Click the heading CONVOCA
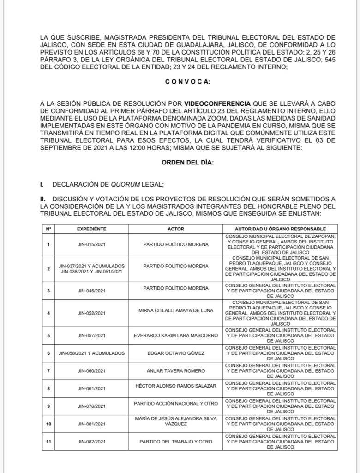point(187,81)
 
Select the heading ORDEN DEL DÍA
point(187,163)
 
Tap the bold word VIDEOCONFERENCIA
point(217,103)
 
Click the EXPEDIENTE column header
point(91,229)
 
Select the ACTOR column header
point(176,229)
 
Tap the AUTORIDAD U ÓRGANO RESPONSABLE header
point(280,229)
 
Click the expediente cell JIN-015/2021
point(91,244)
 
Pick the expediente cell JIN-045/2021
point(91,291)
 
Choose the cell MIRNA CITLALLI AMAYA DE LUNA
point(176,310)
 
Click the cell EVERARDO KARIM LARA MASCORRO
point(176,335)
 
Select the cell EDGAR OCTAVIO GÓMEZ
point(176,353)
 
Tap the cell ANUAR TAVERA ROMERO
point(176,370)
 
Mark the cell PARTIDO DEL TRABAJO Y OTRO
point(176,442)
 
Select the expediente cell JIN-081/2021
point(91,424)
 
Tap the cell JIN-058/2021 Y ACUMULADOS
point(91,353)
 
